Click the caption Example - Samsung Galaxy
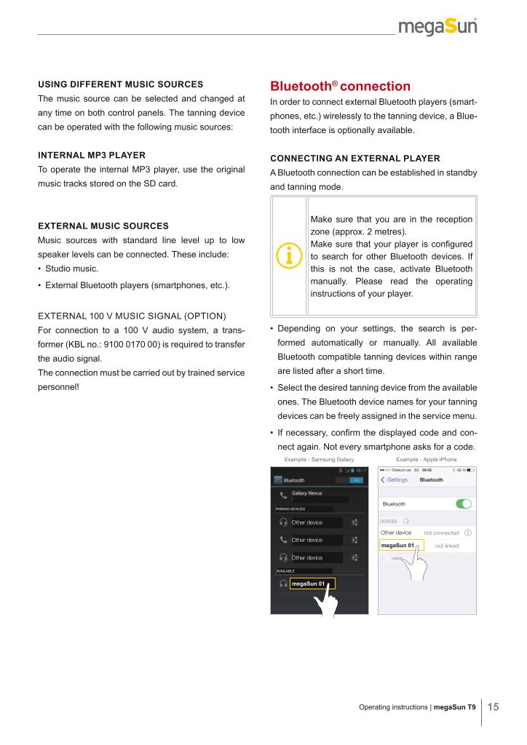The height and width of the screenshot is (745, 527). pyautogui.click(x=319, y=460)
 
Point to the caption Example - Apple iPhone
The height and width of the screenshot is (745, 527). pyautogui.click(x=426, y=460)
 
